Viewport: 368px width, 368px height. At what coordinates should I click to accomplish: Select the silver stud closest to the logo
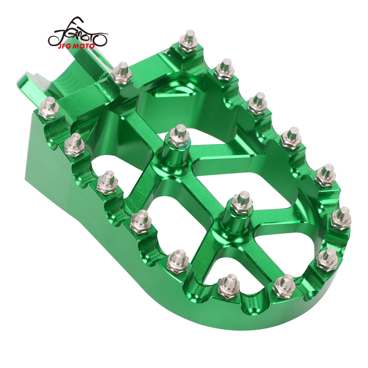tap(121, 73)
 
